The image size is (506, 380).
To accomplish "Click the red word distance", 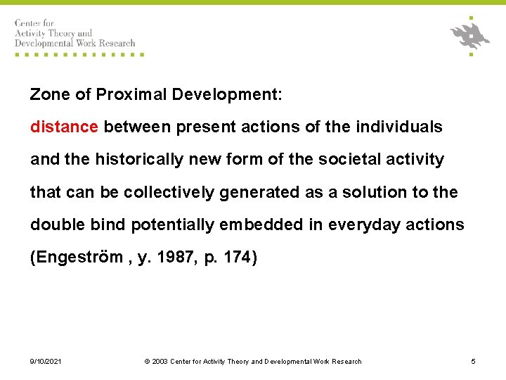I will coord(64,127).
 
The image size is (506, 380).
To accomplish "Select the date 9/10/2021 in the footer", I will coord(46,361).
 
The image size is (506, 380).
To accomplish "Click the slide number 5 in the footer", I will coord(473,361).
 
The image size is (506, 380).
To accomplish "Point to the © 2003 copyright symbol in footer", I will coord(147,361).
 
